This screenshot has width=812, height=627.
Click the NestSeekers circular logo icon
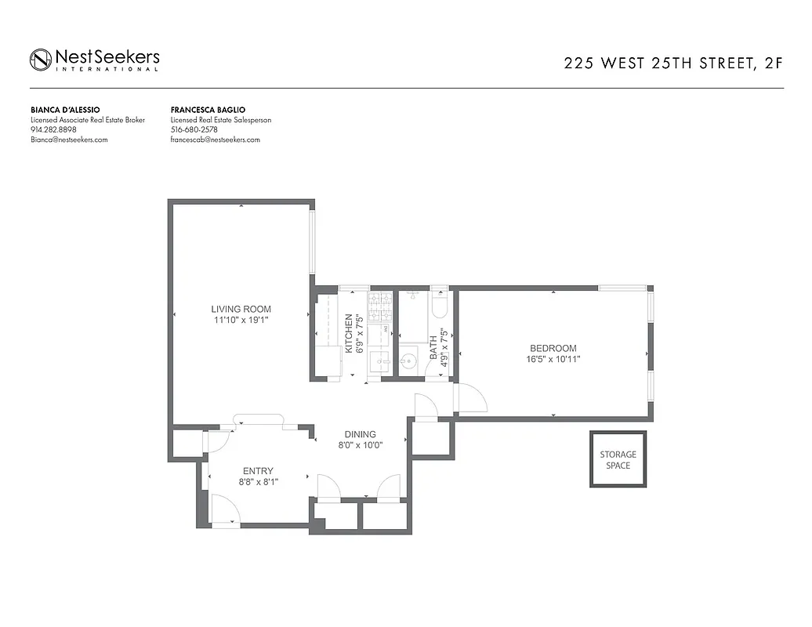[x=41, y=60]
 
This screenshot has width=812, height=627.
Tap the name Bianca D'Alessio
[x=65, y=110]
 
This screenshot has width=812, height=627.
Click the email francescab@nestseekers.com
[x=215, y=140]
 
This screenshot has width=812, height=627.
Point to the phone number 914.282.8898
[x=53, y=129]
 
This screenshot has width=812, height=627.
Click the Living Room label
[x=241, y=309]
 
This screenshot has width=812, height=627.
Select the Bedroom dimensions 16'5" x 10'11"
[x=553, y=360]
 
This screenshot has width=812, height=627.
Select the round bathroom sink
[x=408, y=362]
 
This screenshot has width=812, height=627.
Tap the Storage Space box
[x=618, y=459]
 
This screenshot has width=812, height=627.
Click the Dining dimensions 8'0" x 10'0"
[x=360, y=445]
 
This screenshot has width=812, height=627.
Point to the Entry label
[x=258, y=471]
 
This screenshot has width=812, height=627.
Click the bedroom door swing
[x=472, y=398]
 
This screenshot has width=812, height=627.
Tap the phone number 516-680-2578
[x=194, y=129]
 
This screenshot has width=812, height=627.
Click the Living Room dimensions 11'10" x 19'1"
[x=241, y=320]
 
